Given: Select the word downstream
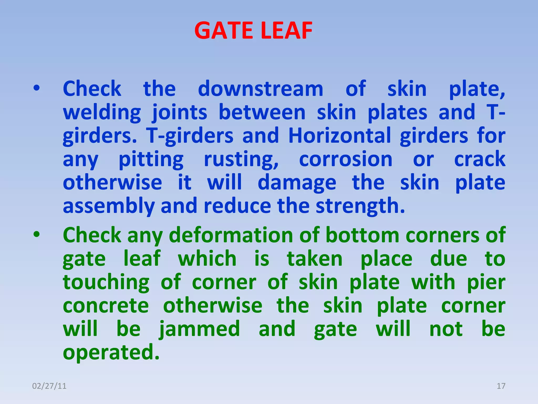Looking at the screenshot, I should pos(260,89).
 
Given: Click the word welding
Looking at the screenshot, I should pos(102,113).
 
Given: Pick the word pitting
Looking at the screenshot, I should pos(151,160).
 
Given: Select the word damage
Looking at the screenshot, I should pos(297,183).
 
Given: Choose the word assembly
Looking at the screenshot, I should pos(108,206).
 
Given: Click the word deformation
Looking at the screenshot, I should pos(231,235).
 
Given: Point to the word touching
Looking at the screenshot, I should pos(106,282).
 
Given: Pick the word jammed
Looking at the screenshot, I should pos(200,329).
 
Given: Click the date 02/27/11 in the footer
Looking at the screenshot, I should pos(49,386).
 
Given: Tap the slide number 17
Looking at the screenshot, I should pos(501,386).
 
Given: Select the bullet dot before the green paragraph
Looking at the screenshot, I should pos(37,234).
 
